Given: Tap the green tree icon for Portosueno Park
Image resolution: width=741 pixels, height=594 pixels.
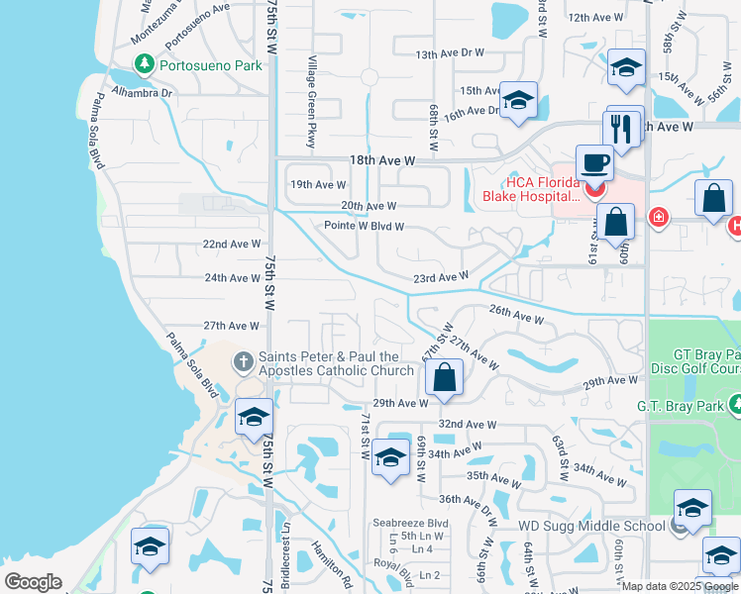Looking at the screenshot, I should (x=145, y=65).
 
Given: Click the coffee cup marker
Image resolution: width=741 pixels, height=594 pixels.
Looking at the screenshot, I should (x=594, y=161).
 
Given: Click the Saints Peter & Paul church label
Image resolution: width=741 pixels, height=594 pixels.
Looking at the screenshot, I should (x=336, y=363).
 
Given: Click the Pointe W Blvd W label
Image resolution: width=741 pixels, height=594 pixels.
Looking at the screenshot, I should (x=365, y=226).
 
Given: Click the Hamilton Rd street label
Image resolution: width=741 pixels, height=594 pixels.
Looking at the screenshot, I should (x=332, y=560).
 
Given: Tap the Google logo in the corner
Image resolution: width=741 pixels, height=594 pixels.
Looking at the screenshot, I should (x=33, y=582).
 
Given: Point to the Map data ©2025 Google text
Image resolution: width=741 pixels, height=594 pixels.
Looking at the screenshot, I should (x=680, y=586).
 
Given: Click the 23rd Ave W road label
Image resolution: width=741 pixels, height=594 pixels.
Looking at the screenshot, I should (x=440, y=278).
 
